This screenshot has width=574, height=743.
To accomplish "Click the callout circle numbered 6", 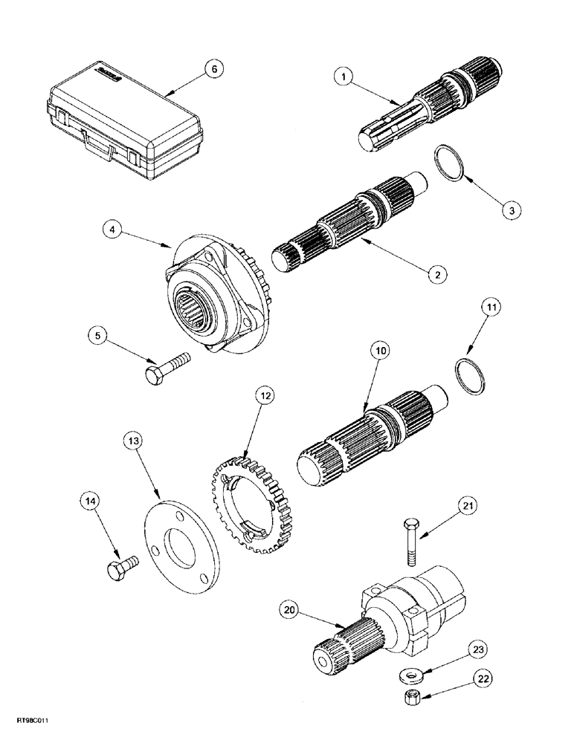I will (x=213, y=68).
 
